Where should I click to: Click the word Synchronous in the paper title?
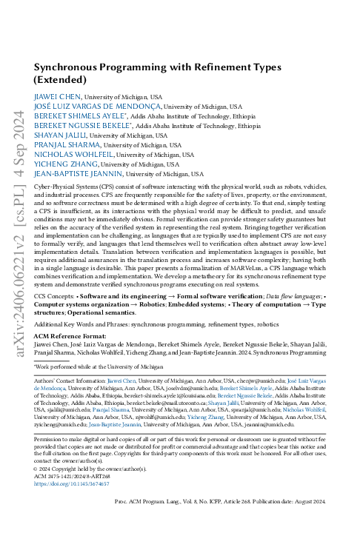pyautogui.click(x=68, y=67)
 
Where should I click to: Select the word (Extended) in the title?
pyautogui.click(x=60, y=80)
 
